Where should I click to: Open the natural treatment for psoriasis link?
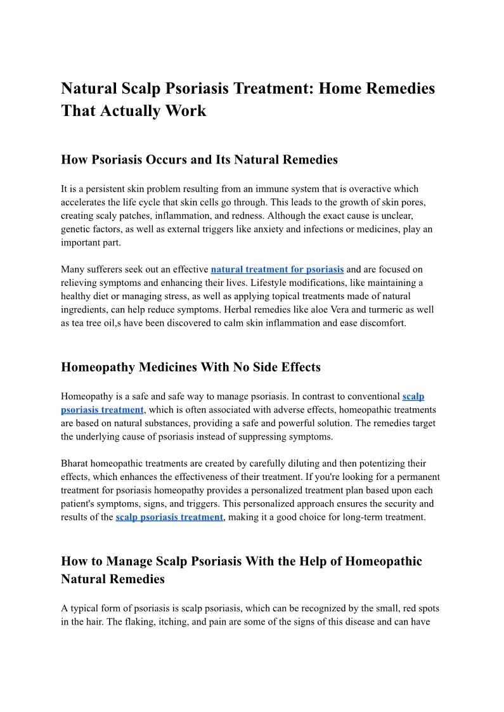[x=277, y=269]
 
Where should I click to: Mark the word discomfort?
[x=382, y=323]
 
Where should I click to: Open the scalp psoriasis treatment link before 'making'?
[x=169, y=517]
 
